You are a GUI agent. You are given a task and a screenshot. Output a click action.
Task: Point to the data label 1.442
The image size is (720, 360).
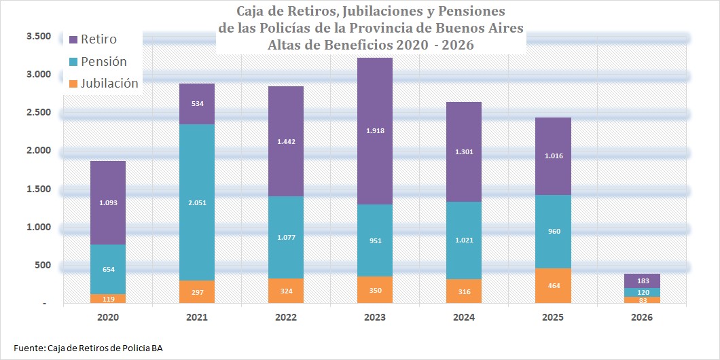coord(286,143)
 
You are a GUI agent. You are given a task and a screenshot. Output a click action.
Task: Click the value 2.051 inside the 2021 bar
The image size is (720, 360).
coord(197,202)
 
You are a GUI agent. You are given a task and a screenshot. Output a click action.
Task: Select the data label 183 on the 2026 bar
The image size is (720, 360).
coord(642,281)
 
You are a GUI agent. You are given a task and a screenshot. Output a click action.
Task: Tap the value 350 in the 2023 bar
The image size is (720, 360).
coord(375,291)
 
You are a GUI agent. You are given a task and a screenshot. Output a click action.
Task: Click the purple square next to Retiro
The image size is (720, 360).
coord(73,39)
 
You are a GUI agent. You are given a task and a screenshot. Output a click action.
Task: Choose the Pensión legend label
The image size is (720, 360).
coord(104,62)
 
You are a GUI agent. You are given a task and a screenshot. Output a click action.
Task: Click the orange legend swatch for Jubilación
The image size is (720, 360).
coord(73,84)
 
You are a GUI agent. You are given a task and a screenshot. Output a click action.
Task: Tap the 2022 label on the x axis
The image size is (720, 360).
coord(286,317)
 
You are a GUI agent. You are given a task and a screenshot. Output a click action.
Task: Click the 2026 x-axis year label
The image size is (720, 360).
coord(642,317)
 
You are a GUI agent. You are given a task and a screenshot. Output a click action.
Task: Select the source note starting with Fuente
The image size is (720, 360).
coord(88,348)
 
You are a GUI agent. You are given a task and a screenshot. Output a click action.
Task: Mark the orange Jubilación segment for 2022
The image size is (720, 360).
coord(286,291)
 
